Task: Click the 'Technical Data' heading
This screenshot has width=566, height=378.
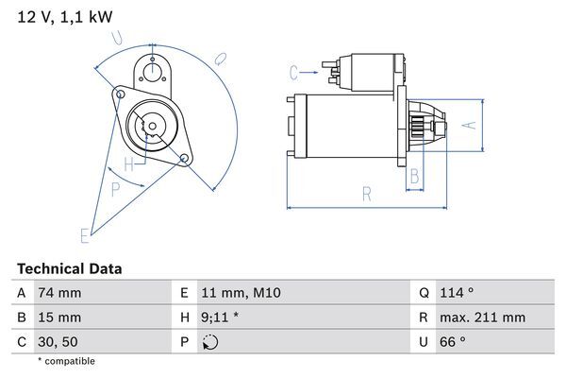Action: (x=69, y=269)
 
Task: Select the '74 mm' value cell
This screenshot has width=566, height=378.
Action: (x=58, y=293)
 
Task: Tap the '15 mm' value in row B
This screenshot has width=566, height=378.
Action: (x=58, y=318)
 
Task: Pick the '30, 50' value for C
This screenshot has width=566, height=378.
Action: (x=58, y=341)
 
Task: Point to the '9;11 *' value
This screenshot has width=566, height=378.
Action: (x=220, y=318)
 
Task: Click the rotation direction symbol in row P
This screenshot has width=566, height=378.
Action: (x=210, y=341)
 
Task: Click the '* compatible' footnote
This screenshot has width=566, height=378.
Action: (x=66, y=361)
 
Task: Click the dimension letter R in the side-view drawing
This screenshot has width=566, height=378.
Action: (x=366, y=194)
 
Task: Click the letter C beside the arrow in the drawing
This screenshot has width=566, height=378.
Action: (x=294, y=70)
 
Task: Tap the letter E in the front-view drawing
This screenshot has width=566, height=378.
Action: (x=84, y=234)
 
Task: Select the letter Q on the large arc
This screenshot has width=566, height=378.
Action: (x=219, y=58)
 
